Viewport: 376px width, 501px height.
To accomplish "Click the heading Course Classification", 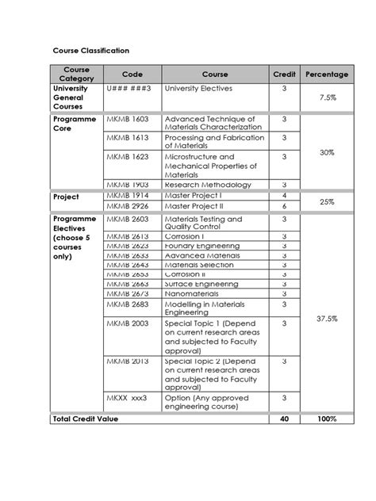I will pyautogui.click(x=90, y=50).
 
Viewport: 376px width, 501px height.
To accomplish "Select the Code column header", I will pyautogui.click(x=132, y=75).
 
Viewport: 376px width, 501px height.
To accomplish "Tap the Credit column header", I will pyautogui.click(x=284, y=75).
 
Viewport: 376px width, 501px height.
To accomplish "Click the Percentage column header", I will pyautogui.click(x=327, y=75).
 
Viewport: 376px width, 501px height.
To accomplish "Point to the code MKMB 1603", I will pyautogui.click(x=128, y=119).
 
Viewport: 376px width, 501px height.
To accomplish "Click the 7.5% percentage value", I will pyautogui.click(x=327, y=98).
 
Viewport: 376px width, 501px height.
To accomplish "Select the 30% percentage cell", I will pyautogui.click(x=327, y=151).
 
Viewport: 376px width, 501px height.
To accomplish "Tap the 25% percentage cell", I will pyautogui.click(x=327, y=201).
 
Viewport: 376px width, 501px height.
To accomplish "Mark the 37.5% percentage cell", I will pyautogui.click(x=327, y=318).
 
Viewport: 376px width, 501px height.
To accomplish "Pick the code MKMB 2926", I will pyautogui.click(x=128, y=205).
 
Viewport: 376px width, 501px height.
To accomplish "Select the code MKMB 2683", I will pyautogui.click(x=128, y=304).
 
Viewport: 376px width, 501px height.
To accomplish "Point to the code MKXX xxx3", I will pyautogui.click(x=127, y=398).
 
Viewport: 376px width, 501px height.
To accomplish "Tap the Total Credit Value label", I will pyautogui.click(x=85, y=419).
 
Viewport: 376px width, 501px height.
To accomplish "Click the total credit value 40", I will pyautogui.click(x=284, y=419).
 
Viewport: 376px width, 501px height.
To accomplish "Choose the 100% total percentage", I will pyautogui.click(x=327, y=419).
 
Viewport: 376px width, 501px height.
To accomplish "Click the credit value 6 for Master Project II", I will pyautogui.click(x=284, y=205).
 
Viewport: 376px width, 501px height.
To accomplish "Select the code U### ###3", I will pyautogui.click(x=129, y=89).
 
